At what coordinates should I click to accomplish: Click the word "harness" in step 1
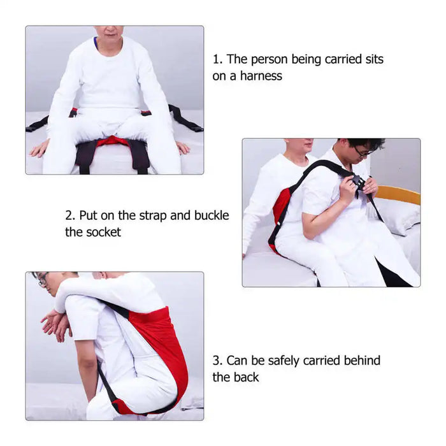tap(261, 76)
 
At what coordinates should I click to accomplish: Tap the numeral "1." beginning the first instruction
tap(218, 59)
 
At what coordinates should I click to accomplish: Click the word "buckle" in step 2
tap(212, 215)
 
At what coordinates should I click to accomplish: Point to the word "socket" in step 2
tap(103, 232)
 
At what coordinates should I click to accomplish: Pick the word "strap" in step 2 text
tap(153, 216)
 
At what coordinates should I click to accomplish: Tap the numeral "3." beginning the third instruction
tap(218, 361)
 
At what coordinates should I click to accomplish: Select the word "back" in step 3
tap(247, 377)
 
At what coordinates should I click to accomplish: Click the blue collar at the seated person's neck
tap(96, 43)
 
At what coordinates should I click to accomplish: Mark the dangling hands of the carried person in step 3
tap(56, 324)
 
